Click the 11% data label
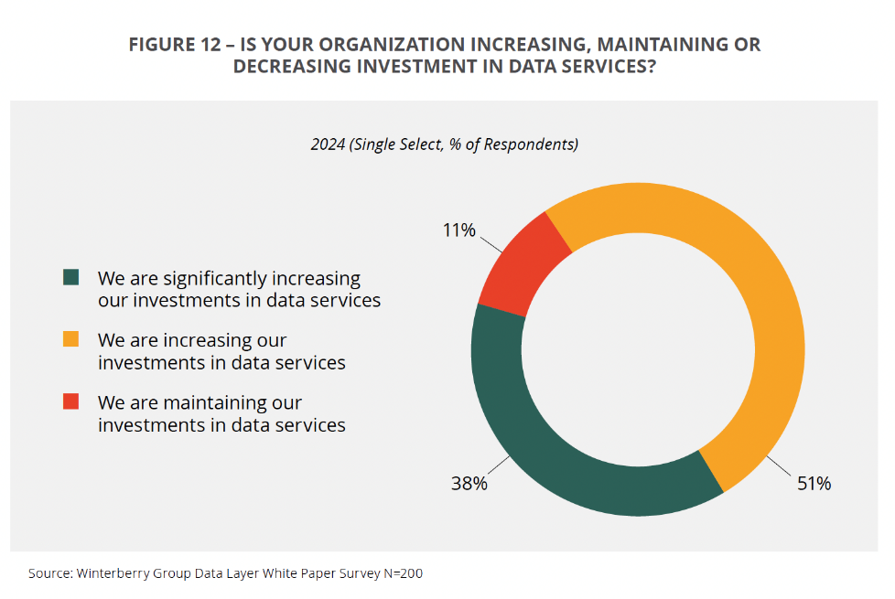[459, 230]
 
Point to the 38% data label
[469, 484]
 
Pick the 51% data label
[813, 484]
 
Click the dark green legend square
[71, 277]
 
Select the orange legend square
[71, 339]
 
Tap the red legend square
[71, 401]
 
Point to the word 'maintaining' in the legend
[215, 402]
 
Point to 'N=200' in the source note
[404, 573]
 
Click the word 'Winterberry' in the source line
[111, 573]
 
